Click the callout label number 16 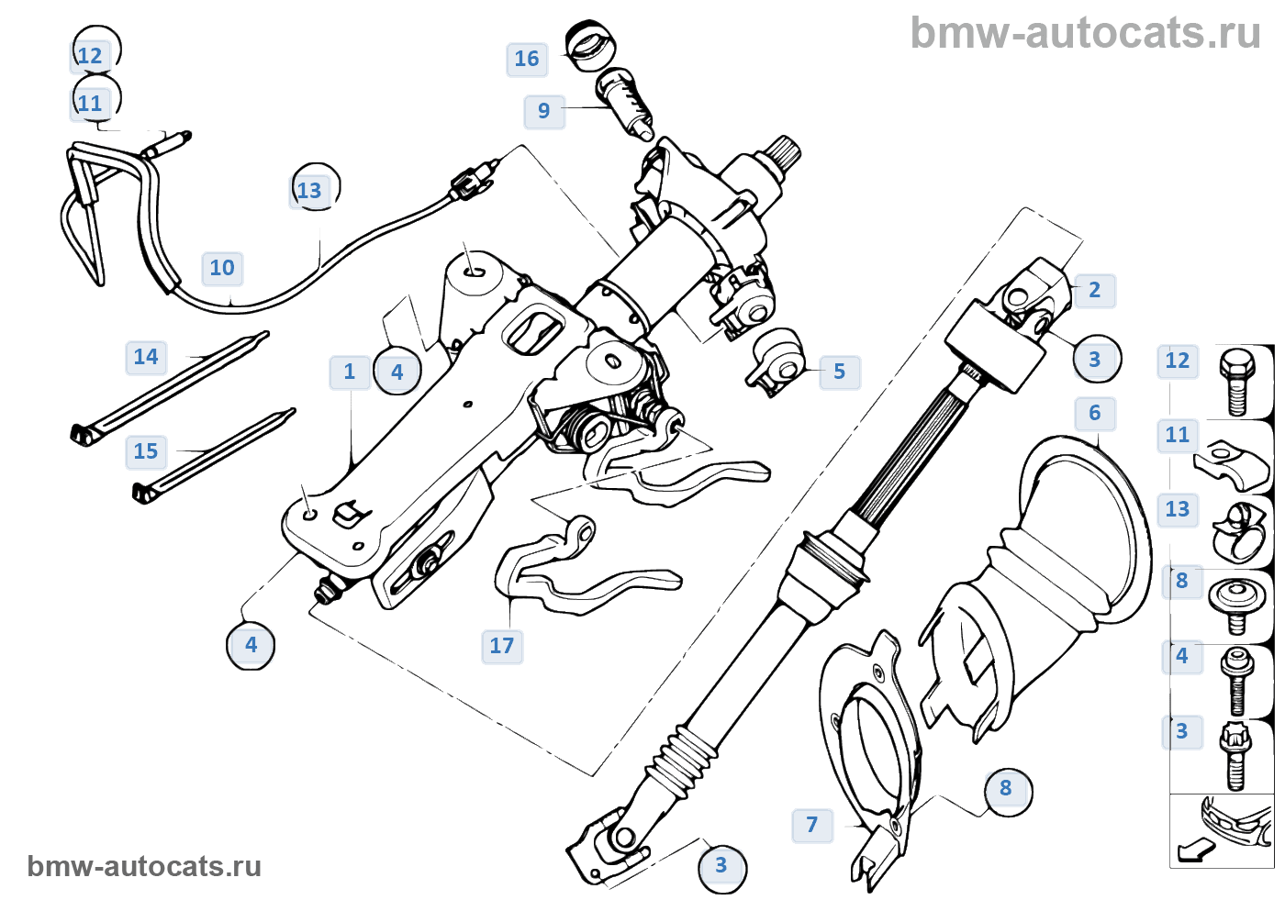(x=526, y=59)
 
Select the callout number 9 (x=543, y=111)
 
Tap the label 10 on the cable (x=222, y=268)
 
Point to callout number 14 (x=145, y=357)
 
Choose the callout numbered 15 (x=145, y=451)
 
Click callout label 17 (x=501, y=646)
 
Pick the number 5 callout (x=839, y=372)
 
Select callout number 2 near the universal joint (x=1094, y=290)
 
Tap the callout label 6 (x=1094, y=413)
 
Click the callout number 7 (x=811, y=825)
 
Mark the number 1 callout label (x=349, y=372)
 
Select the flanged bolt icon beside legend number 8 (x=1235, y=602)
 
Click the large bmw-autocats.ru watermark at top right (x=1085, y=33)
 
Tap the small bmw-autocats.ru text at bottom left (x=144, y=866)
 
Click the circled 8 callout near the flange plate (x=1006, y=788)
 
